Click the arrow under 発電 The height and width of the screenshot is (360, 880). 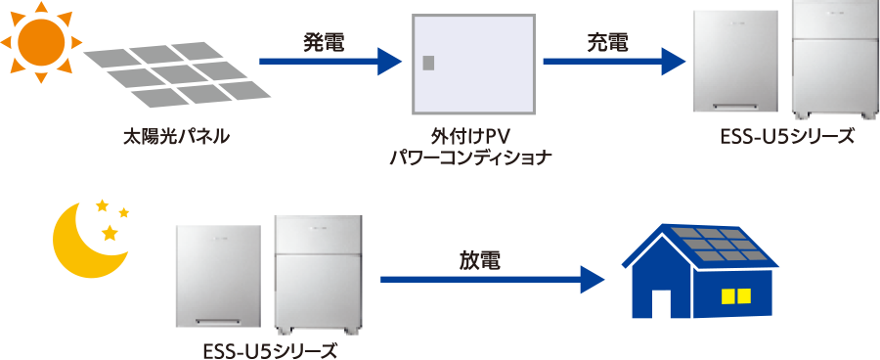point(330,62)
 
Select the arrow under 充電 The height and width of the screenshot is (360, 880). point(615,62)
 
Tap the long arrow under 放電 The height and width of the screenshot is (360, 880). point(492,279)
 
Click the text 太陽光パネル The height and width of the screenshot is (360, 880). point(176,137)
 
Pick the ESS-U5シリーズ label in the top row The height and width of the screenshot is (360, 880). point(787,137)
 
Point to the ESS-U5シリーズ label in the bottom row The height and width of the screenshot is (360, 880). point(270,351)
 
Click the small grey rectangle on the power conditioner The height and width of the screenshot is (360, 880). point(428,63)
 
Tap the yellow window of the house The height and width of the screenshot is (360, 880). point(735,295)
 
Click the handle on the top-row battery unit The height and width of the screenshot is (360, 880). point(735,106)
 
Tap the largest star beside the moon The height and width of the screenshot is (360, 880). point(110,231)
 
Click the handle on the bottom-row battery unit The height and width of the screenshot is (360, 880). point(219,321)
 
